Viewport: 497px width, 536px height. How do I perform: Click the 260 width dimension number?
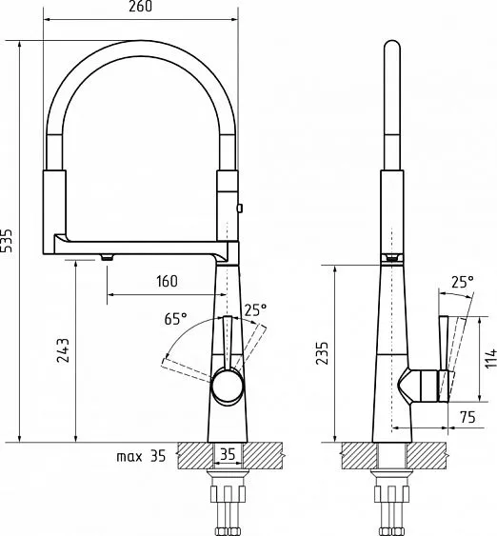click(141, 7)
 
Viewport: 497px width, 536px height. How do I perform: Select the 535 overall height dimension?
click(7, 240)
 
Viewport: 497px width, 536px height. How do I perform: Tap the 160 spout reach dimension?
click(168, 282)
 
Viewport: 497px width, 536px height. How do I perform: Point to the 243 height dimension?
click(63, 350)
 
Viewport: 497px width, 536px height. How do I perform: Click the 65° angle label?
click(176, 319)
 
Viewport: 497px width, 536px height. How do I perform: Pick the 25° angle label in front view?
click(255, 310)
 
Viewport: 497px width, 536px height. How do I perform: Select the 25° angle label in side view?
click(463, 282)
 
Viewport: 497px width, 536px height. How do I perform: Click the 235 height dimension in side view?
click(322, 353)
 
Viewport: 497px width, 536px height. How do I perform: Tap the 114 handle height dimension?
click(491, 358)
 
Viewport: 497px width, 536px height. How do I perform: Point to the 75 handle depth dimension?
click(467, 417)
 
